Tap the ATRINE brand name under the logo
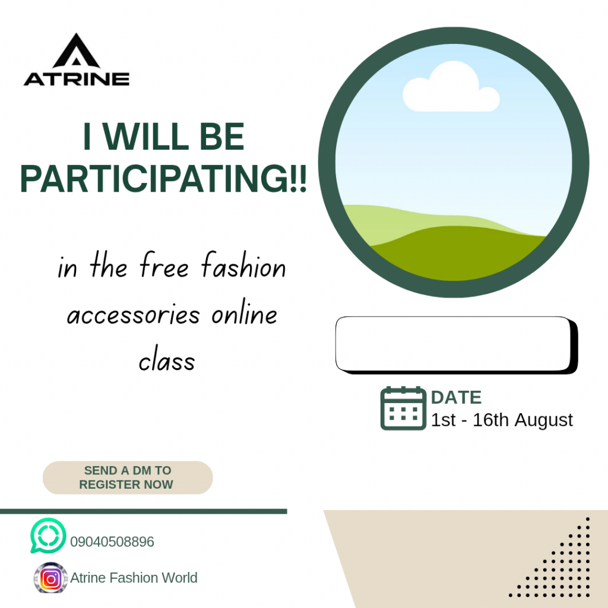click(x=77, y=79)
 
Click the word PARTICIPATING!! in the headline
click(x=163, y=178)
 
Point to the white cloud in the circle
click(x=451, y=88)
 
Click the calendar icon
click(x=403, y=408)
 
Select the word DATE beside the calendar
click(x=457, y=397)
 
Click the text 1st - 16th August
click(x=502, y=420)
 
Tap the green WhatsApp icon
click(x=48, y=536)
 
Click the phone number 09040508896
click(x=112, y=541)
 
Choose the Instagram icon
click(x=51, y=578)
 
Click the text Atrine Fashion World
click(x=134, y=578)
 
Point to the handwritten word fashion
click(x=243, y=265)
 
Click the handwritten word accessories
click(x=134, y=315)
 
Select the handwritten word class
click(x=167, y=359)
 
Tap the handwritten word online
click(x=244, y=312)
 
